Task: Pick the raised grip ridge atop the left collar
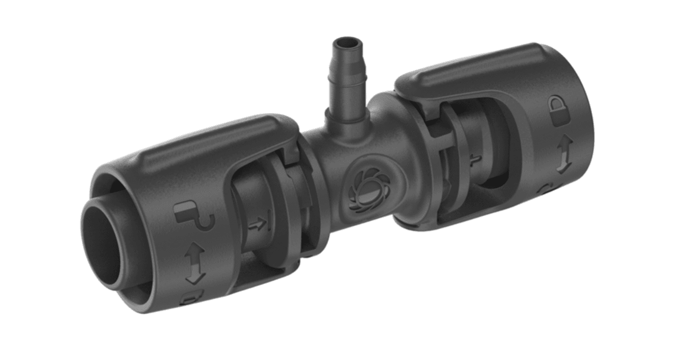201,143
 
